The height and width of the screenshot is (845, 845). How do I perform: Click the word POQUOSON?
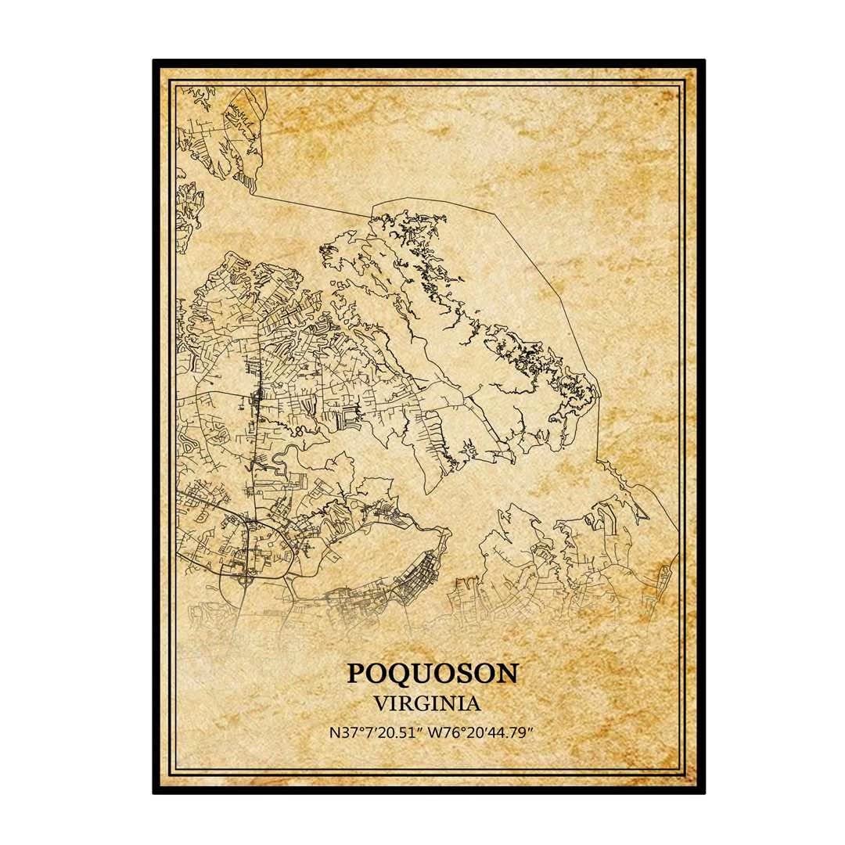(x=432, y=673)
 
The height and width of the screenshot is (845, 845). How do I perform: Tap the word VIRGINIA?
(x=427, y=703)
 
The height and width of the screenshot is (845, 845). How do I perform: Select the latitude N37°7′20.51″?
(x=375, y=733)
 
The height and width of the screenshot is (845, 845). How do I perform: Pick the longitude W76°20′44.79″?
(x=481, y=733)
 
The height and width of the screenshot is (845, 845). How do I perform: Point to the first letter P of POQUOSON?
(x=355, y=673)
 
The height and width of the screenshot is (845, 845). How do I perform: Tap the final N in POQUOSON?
(x=507, y=673)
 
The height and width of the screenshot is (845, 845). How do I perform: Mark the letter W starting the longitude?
(x=437, y=733)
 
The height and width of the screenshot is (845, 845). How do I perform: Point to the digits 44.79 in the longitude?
(x=512, y=733)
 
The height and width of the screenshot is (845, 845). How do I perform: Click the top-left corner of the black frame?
(x=155, y=61)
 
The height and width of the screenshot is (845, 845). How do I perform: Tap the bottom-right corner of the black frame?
(x=703, y=792)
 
